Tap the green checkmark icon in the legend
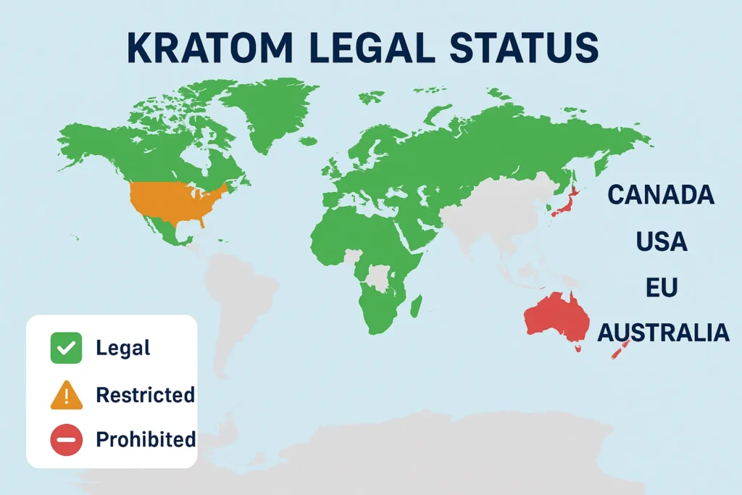[65, 347]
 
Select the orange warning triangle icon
[65, 394]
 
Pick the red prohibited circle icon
[65, 439]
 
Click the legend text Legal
[122, 348]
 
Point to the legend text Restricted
[145, 395]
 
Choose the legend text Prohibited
[146, 439]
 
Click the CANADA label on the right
[660, 195]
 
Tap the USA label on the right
[662, 241]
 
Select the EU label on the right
[662, 287]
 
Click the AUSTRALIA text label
[662, 333]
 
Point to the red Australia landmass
[554, 319]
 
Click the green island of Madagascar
[417, 304]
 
